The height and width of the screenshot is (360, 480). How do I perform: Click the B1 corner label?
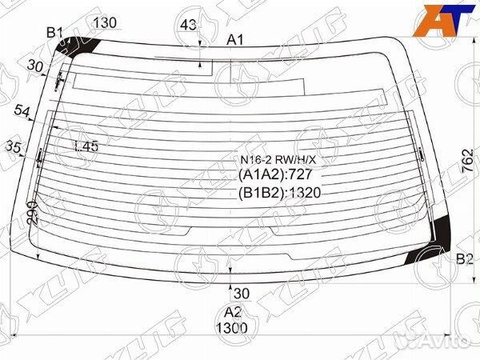click(x=54, y=32)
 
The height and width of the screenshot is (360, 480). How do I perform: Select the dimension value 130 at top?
click(x=106, y=22)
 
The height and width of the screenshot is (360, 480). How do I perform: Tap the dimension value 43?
click(x=188, y=26)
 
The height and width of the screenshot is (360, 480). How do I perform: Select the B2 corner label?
click(x=465, y=258)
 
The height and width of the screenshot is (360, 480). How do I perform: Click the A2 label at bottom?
click(x=233, y=312)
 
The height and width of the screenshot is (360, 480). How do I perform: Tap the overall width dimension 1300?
click(x=232, y=327)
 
